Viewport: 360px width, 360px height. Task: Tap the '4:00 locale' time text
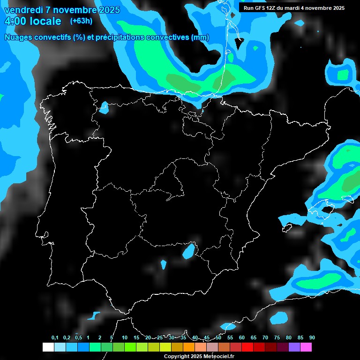coord(32,21)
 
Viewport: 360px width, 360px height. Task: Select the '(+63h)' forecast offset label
coord(81,21)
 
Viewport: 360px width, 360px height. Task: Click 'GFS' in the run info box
coord(261,8)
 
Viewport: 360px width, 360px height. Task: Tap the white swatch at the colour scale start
coord(48,347)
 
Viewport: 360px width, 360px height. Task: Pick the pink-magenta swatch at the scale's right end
coord(306,347)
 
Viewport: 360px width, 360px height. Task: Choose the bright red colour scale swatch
coord(247,347)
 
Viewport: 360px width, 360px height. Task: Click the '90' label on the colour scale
coord(312,338)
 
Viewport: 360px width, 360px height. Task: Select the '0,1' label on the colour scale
coord(55,338)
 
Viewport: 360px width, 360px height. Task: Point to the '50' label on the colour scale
coord(218,338)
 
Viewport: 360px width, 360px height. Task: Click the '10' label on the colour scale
coord(125,338)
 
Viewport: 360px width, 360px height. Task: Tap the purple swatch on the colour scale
coord(294,347)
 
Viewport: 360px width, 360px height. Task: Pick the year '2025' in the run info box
coord(337,8)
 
